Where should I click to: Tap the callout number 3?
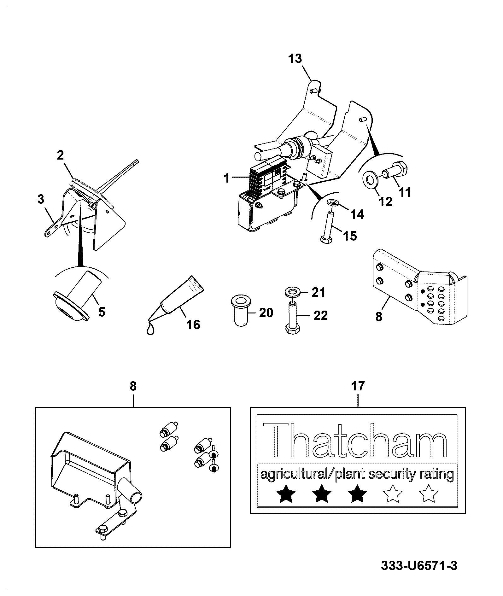click(41, 199)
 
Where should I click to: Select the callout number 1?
click(226, 178)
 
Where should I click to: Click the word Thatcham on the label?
click(355, 440)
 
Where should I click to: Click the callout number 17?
click(358, 386)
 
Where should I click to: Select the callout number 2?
click(60, 155)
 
